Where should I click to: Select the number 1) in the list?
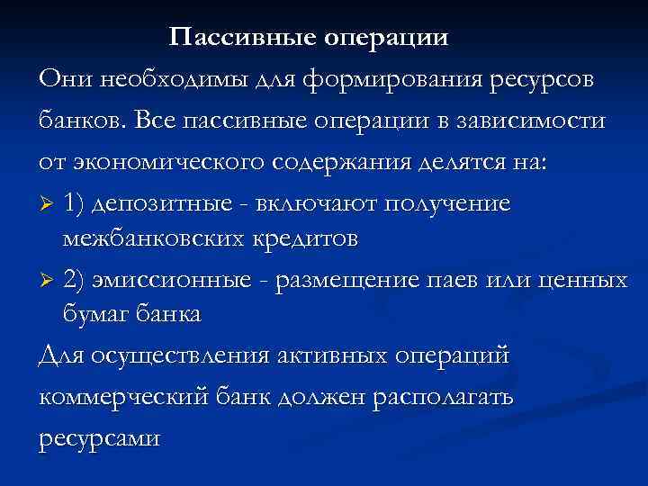[x=76, y=202]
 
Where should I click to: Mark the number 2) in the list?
[x=76, y=280]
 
